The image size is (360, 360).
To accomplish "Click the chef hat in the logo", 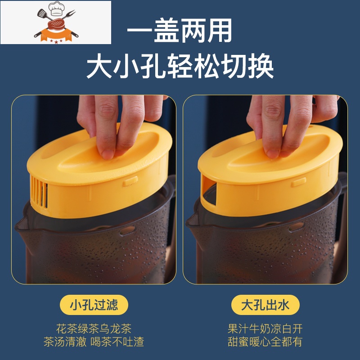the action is point(57,9).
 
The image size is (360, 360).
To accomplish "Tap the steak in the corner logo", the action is point(56,24).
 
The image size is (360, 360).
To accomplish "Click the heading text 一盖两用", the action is point(180,31).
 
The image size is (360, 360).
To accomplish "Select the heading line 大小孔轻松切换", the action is point(180,66).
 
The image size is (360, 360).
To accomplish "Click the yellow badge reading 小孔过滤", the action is point(94,305).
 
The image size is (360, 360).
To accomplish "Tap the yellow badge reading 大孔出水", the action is point(265,305).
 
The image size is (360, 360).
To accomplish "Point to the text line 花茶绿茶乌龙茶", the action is point(94,328).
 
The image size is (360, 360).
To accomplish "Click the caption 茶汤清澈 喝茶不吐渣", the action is point(94,342).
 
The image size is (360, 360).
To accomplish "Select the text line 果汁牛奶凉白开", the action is point(265,328).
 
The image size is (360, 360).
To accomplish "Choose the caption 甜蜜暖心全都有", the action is point(265,342).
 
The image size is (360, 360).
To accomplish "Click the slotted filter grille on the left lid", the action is point(39,192).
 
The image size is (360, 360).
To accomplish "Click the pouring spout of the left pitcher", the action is point(22,224).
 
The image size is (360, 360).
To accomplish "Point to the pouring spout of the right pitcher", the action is point(193,221).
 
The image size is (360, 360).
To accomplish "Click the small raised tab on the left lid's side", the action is point(130,181).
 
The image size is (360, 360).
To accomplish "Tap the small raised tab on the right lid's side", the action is point(298,182).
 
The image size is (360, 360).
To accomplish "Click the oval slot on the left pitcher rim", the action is point(127,230).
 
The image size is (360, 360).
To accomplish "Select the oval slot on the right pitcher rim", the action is point(296,227).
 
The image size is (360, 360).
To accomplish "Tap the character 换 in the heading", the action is point(261,66).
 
